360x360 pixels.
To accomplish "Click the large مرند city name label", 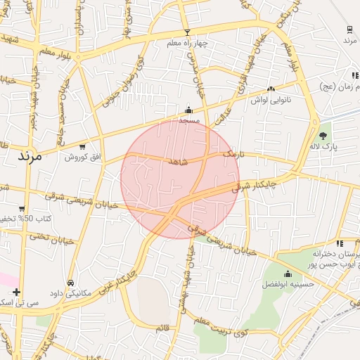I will [27, 155].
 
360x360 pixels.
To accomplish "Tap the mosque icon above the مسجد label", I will [188, 110].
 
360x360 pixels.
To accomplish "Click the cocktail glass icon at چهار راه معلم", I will [187, 32].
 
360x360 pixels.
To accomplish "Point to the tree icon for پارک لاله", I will [323, 135].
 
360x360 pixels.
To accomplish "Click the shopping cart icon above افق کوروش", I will [83, 146].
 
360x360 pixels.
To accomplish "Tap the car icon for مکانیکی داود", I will [71, 283].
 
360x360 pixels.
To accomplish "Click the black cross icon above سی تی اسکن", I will [16, 292].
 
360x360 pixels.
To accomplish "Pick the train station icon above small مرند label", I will [349, 30].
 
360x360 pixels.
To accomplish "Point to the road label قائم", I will [162, 326].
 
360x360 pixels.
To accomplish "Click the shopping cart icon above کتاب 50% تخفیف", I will [22, 209].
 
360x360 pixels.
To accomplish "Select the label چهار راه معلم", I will [188, 44].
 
